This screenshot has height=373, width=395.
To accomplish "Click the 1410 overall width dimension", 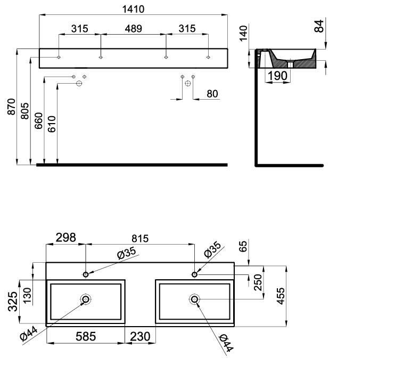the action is (x=133, y=10).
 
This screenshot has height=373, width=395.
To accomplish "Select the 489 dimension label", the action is (x=133, y=29).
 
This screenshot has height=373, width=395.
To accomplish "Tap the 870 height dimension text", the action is (x=11, y=107).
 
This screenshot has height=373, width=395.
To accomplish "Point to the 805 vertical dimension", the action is (x=24, y=111).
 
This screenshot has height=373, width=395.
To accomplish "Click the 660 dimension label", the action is (x=38, y=121).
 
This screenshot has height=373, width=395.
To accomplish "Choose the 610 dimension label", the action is (x=52, y=124).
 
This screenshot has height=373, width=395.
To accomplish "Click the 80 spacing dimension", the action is (x=212, y=94).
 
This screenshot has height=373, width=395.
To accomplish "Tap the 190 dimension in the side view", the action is (x=277, y=76).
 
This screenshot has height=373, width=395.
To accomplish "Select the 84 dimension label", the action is (x=319, y=26).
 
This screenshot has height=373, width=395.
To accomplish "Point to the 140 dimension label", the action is (x=243, y=33).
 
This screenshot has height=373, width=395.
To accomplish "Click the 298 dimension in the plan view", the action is (x=66, y=238).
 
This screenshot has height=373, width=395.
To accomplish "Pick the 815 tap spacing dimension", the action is (x=140, y=239).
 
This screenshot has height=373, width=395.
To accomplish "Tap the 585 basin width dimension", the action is (x=86, y=336).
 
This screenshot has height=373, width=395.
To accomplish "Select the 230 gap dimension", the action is (x=140, y=336).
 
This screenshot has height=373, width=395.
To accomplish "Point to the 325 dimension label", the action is (x=13, y=302).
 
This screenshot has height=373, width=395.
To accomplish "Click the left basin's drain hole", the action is (x=86, y=299).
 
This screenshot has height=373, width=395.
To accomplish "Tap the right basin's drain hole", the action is (x=194, y=299).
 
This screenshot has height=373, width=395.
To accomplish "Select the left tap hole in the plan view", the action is (x=86, y=274).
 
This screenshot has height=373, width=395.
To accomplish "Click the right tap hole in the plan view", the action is (x=194, y=274).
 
